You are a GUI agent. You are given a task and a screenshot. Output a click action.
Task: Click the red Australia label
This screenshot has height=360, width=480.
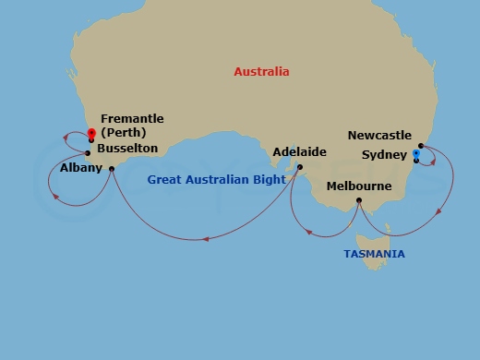click(x=261, y=72)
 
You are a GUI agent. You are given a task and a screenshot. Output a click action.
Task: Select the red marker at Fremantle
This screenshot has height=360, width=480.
click(x=91, y=133)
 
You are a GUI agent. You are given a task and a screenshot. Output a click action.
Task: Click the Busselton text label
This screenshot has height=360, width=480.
click(x=127, y=148)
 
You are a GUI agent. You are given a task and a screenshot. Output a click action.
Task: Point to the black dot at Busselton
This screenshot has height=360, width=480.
click(x=88, y=153)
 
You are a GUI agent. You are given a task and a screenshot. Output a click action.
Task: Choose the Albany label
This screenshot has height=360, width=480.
click(x=80, y=169)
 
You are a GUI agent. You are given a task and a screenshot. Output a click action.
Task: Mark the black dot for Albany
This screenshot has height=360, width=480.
click(x=111, y=168)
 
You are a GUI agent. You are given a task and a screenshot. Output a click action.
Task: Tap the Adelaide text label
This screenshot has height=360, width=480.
click(x=300, y=151)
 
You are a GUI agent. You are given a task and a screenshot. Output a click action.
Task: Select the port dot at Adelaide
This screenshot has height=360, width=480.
click(x=300, y=167)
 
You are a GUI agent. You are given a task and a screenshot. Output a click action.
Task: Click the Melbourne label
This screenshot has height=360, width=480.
click(x=359, y=186)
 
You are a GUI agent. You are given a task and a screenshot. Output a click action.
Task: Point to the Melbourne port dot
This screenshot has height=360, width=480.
click(x=359, y=199)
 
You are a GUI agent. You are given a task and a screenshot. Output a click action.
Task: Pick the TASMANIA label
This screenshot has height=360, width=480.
click(x=374, y=254)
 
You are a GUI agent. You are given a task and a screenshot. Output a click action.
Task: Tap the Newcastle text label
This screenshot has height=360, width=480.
click(x=379, y=136)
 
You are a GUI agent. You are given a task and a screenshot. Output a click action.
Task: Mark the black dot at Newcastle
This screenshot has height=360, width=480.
click(x=421, y=145)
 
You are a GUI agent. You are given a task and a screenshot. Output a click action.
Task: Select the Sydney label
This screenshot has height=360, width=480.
click(x=384, y=153)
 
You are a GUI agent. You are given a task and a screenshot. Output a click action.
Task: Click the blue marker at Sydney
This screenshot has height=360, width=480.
click(x=416, y=153)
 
